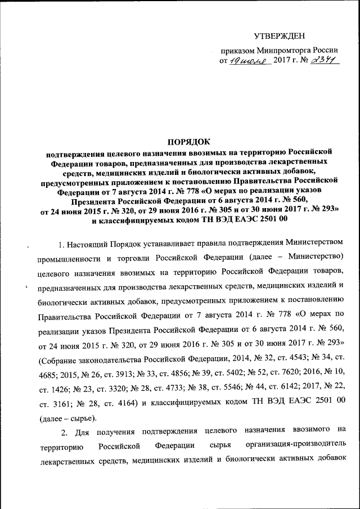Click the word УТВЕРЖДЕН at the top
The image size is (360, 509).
tap(280, 36)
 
